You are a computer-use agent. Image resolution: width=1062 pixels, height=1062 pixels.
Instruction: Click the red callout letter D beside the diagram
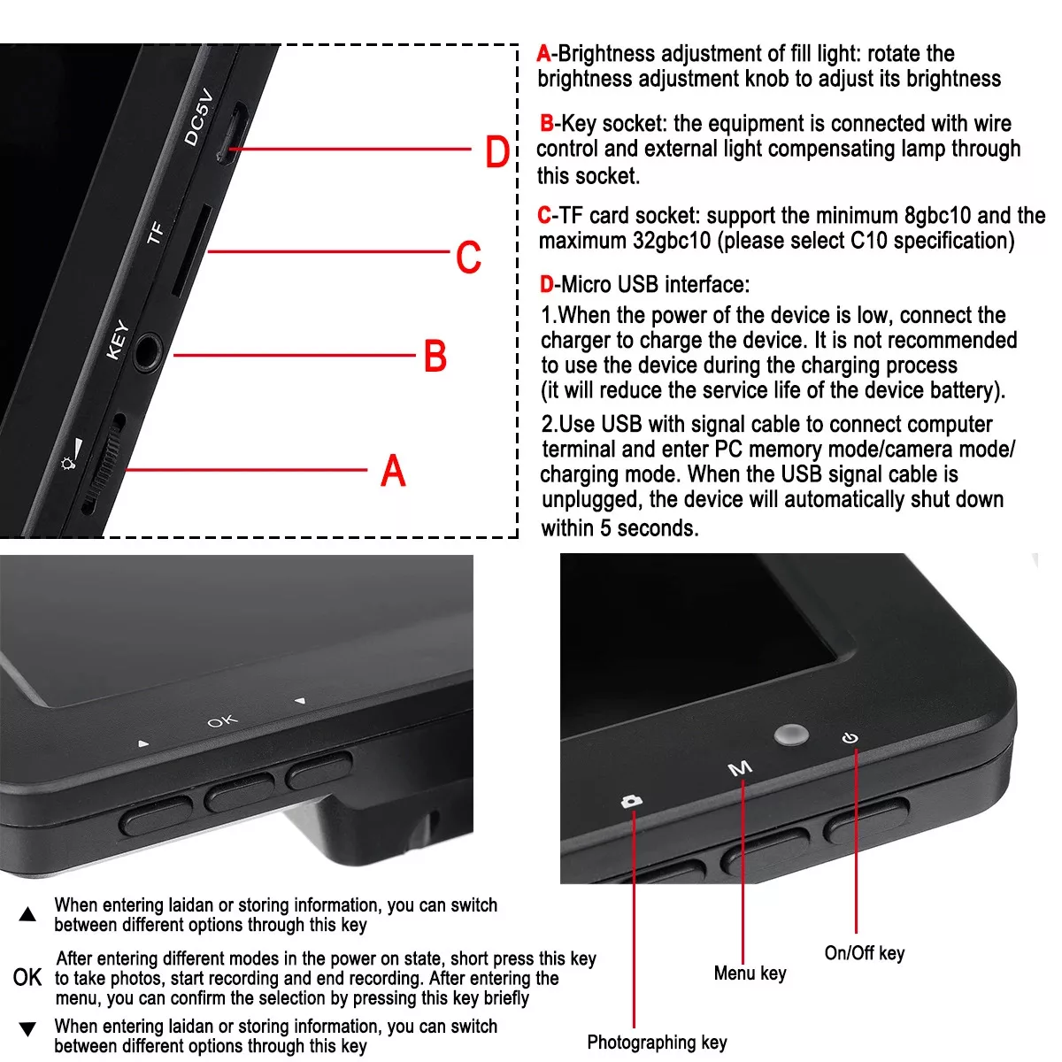(497, 151)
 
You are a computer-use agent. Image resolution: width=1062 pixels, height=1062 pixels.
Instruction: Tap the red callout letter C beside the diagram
(468, 257)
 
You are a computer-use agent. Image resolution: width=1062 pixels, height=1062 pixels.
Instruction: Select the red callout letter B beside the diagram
(435, 356)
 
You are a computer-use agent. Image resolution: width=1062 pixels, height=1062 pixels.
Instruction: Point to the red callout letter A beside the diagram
(393, 470)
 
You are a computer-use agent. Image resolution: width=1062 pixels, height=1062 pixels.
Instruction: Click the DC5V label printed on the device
(198, 118)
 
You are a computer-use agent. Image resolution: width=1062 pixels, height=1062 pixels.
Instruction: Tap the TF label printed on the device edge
(156, 233)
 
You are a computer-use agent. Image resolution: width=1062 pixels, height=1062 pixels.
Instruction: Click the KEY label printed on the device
(118, 340)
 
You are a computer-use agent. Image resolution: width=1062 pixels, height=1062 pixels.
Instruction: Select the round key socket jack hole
(148, 351)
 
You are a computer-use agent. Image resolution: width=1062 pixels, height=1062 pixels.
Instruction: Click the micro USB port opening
(232, 134)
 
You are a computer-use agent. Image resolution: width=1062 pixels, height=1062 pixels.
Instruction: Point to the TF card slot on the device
(191, 250)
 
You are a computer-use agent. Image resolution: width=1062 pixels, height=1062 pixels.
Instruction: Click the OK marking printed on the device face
(223, 721)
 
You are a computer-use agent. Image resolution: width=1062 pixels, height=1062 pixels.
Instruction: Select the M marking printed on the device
(740, 767)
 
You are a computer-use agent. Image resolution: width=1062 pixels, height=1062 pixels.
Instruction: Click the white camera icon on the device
(632, 801)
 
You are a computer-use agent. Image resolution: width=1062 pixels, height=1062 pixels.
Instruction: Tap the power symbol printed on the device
(850, 737)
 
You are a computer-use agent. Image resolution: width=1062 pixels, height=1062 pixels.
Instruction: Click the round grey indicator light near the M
(791, 735)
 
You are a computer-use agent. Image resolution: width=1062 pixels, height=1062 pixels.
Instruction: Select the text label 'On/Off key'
(864, 953)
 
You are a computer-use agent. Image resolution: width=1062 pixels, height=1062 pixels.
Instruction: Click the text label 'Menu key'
(750, 973)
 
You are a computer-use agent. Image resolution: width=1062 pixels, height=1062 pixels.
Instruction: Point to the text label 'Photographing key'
(657, 1043)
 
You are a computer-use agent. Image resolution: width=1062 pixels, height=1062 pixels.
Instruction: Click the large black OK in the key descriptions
(27, 978)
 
